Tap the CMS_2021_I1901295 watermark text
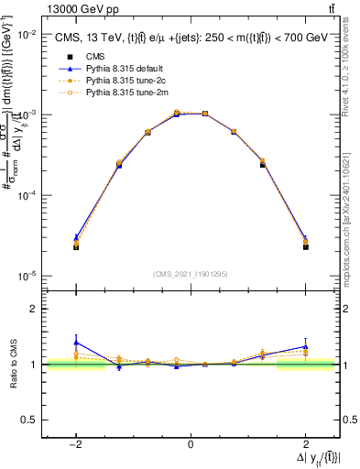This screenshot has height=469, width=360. [x=191, y=274]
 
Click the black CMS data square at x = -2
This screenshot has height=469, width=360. [x=76, y=247]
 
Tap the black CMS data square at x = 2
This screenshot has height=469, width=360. [x=305, y=247]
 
